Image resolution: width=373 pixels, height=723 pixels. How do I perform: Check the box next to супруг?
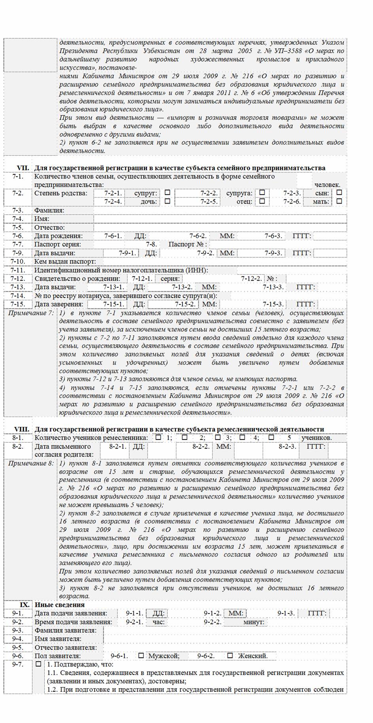[x=167, y=193]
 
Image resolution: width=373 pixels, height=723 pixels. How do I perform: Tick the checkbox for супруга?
[x=262, y=193]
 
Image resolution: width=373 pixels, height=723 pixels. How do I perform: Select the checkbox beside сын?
[x=339, y=193]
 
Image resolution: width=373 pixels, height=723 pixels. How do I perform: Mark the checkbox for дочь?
[x=167, y=201]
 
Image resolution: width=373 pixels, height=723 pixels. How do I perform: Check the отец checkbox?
[x=262, y=201]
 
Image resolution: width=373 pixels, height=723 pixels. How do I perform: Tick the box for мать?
[x=339, y=201]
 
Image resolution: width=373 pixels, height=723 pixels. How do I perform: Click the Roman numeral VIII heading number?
[x=22, y=429]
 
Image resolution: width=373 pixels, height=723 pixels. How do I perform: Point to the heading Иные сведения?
[x=59, y=605]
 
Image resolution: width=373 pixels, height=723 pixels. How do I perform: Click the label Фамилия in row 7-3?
[x=49, y=210]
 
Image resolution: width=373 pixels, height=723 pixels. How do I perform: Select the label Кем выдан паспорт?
[x=65, y=262]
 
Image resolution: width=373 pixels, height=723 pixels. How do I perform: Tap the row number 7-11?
[x=18, y=270]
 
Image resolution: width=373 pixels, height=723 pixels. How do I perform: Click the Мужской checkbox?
[x=141, y=655]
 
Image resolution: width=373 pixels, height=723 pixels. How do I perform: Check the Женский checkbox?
[x=230, y=655]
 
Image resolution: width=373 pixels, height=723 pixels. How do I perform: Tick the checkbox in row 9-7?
[x=38, y=664]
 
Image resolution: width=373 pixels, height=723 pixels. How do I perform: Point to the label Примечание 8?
[x=30, y=463]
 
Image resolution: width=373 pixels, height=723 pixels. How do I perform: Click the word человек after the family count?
[x=327, y=185]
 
